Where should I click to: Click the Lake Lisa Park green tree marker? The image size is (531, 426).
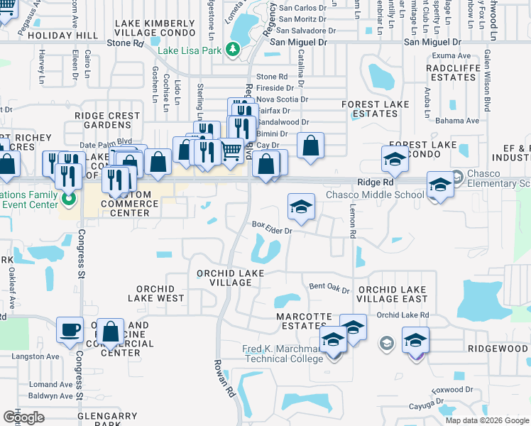click(231, 49)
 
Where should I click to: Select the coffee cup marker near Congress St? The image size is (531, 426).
click(70, 330)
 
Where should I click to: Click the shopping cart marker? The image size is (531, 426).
click(231, 151)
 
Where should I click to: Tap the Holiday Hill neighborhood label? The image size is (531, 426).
click(69, 35)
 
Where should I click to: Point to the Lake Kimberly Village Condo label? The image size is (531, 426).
click(154, 28)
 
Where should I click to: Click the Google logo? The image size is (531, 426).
click(23, 417)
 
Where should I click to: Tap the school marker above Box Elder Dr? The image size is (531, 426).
click(301, 206)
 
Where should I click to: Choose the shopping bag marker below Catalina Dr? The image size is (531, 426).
click(310, 146)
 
